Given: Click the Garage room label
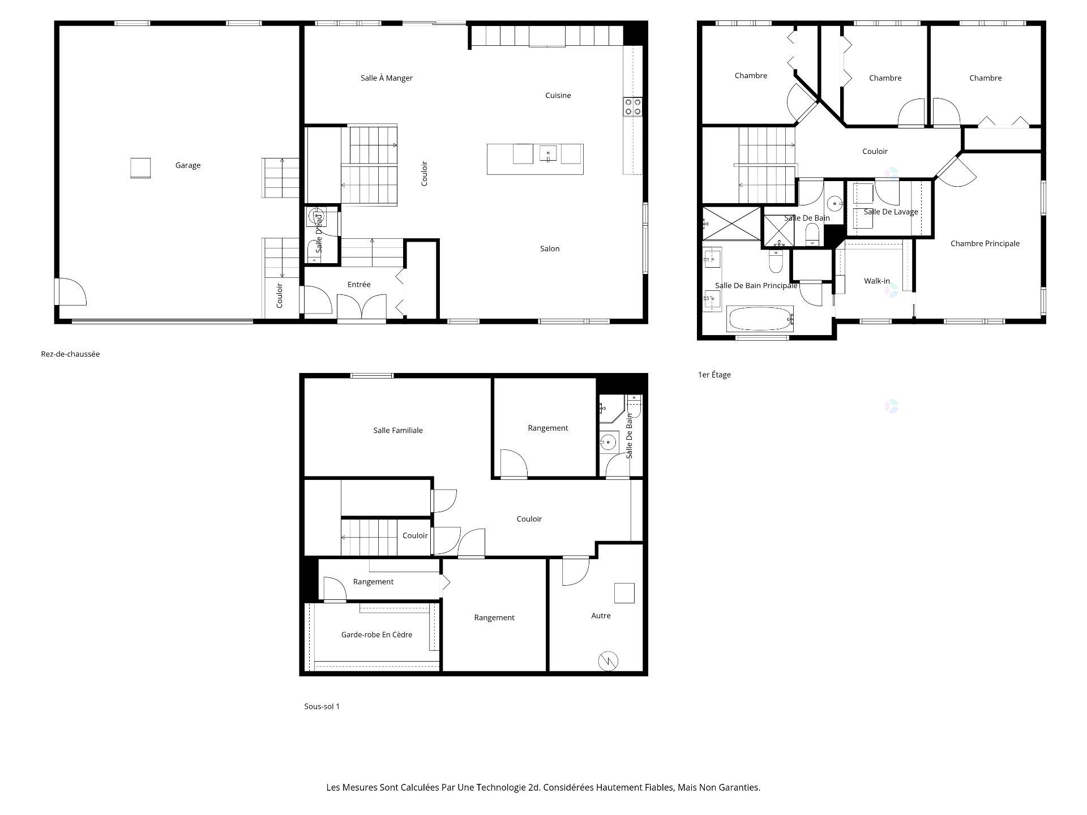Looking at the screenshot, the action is [x=188, y=165].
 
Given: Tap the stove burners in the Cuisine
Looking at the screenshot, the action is [x=633, y=107].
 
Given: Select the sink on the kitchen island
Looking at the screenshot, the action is [x=548, y=153].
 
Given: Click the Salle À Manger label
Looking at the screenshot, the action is [x=387, y=78].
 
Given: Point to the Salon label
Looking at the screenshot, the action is [x=550, y=248].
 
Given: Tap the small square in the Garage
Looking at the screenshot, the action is [x=140, y=168].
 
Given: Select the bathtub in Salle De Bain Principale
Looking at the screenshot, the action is [x=760, y=319].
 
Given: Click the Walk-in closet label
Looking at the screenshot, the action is [x=877, y=281].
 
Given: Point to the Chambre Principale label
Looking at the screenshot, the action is [x=985, y=243].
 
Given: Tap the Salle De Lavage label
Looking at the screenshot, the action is [x=891, y=212].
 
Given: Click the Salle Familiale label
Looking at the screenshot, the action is [x=398, y=430].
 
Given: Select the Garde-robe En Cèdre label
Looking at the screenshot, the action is [x=376, y=634].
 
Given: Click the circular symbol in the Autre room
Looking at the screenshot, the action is [x=608, y=660].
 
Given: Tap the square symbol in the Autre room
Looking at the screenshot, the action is [x=624, y=593].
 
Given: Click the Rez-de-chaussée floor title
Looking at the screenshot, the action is [x=70, y=354].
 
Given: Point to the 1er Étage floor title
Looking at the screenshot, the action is [x=714, y=375].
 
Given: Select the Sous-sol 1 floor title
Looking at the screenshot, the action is [x=322, y=706].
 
